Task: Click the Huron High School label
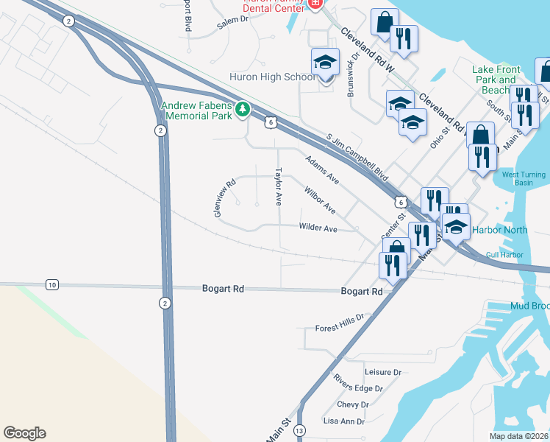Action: [x=262, y=77]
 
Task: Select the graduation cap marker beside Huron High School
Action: [x=325, y=64]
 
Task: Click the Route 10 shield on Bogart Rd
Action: [x=51, y=284]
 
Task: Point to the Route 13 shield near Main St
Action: [x=299, y=429]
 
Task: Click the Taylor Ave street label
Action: [x=278, y=186]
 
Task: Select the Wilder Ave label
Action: [x=318, y=229]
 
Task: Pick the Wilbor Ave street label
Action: [x=320, y=200]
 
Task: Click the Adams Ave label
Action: [x=322, y=169]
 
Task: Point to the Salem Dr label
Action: [x=234, y=24]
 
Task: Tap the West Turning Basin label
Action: [x=524, y=178]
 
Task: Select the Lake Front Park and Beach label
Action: [x=496, y=80]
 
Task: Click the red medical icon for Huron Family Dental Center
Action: [x=315, y=4]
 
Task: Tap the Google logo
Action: [x=24, y=433]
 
